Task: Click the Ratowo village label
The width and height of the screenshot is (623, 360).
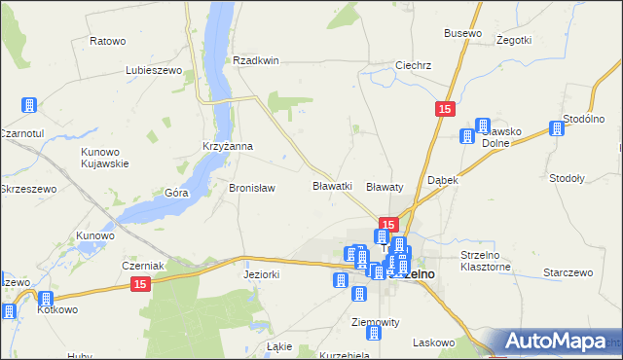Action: (108, 41)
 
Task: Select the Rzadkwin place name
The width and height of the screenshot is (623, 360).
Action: (256, 60)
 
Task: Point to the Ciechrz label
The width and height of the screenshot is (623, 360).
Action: (413, 66)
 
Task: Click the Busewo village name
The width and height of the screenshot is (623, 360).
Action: (462, 33)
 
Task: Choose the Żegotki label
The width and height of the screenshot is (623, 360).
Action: (513, 40)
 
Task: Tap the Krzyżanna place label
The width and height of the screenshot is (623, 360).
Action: (227, 147)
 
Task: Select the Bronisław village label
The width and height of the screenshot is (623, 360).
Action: (252, 188)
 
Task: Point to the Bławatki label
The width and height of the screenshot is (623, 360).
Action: (331, 185)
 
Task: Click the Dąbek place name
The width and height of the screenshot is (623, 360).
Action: (443, 181)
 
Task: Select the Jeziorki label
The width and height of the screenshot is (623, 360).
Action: (261, 274)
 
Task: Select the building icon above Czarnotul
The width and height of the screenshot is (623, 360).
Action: (29, 105)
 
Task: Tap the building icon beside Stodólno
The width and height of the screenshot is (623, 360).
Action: (558, 127)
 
